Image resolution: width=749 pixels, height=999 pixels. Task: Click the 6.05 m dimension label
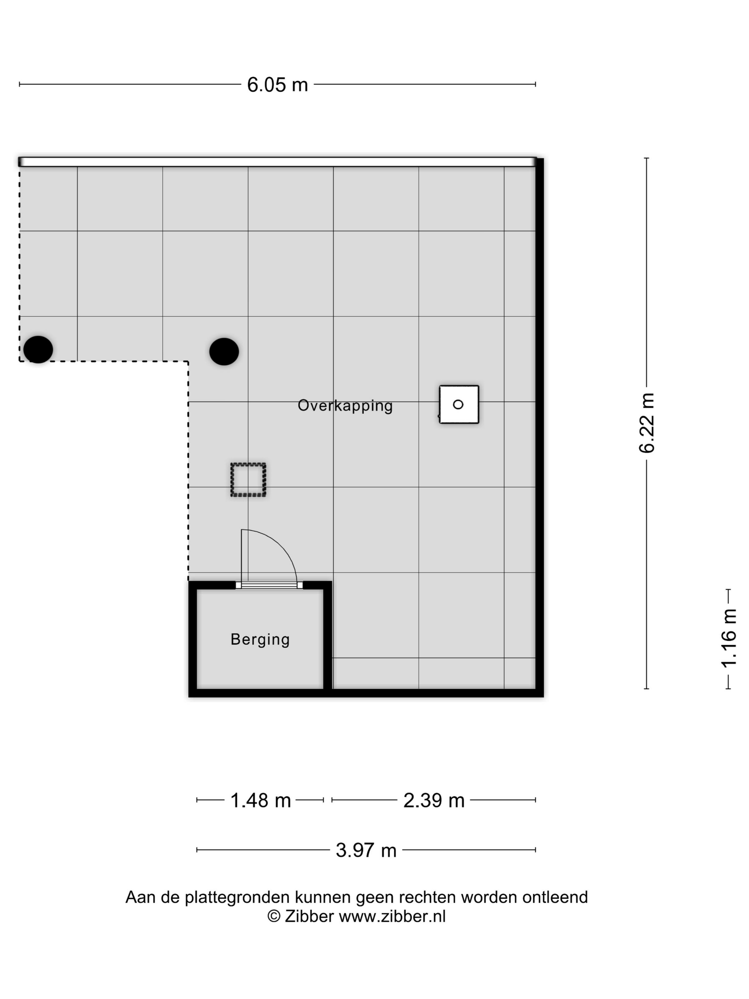pos(277,85)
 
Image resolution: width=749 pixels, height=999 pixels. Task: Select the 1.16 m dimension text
pos(728,638)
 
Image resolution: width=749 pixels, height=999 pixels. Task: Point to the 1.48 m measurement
pos(260,800)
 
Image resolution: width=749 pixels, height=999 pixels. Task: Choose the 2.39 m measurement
pos(433,800)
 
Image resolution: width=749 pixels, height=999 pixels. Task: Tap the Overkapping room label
pos(345,406)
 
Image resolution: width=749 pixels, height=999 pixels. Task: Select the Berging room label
pos(260,639)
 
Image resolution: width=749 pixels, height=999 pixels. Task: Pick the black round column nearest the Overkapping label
pos(224,351)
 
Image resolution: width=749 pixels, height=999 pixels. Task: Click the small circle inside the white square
pos(458,404)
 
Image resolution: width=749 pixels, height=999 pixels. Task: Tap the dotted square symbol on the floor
pos(248,480)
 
